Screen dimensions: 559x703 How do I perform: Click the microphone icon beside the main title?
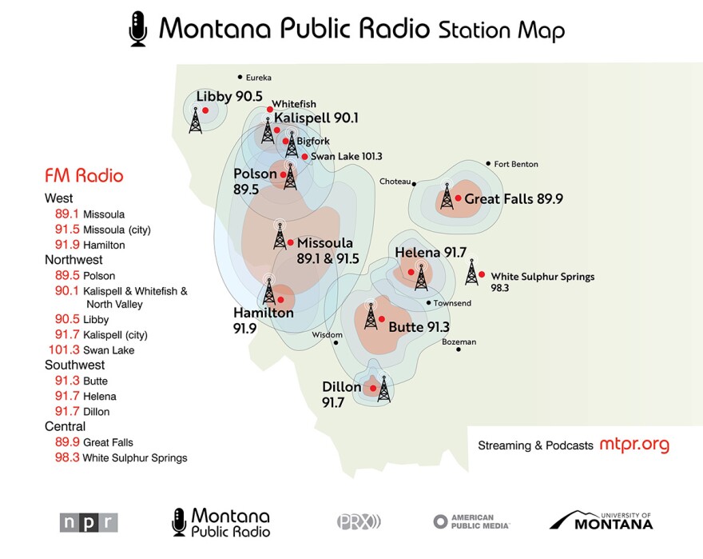(138, 28)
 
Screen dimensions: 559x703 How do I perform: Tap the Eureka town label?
(258, 78)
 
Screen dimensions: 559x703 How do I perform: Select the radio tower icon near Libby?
(196, 119)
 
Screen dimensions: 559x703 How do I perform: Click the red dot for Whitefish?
(270, 109)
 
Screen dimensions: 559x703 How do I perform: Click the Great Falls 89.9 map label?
(514, 199)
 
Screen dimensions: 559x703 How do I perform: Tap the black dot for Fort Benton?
(488, 163)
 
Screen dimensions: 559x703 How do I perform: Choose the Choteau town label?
(394, 182)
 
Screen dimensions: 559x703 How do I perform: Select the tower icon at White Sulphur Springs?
(472, 272)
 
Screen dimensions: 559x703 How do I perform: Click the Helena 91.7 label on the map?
(431, 253)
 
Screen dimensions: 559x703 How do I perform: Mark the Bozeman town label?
(459, 342)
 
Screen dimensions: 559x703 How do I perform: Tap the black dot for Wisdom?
(336, 343)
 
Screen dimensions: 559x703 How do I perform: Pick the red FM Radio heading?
(84, 175)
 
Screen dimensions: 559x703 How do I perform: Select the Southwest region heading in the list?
(75, 365)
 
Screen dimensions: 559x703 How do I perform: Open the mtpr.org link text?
(633, 445)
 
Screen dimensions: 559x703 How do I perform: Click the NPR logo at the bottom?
(89, 522)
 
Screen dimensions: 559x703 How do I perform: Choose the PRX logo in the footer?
(359, 521)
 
